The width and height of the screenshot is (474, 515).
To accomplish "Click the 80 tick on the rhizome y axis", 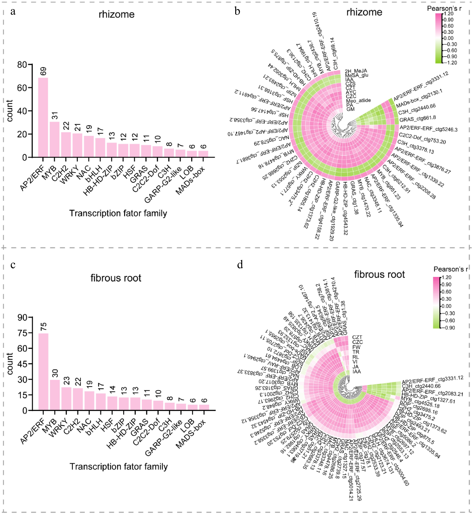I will click(22, 65).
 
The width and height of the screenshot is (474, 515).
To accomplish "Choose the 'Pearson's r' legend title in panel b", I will click(444, 8).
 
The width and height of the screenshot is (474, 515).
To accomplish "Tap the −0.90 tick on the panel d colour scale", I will click(448, 328).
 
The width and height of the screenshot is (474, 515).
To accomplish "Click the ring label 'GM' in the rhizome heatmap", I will click(350, 109).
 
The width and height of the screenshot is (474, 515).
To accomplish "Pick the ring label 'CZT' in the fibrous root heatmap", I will click(357, 337).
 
